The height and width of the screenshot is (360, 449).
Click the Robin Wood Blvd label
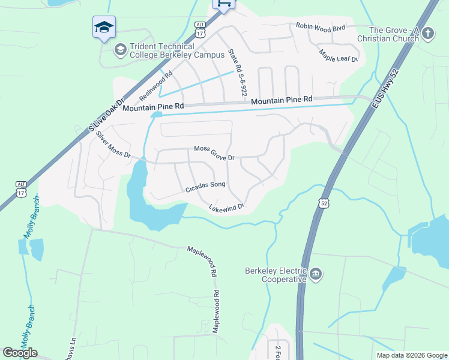pos(321,26)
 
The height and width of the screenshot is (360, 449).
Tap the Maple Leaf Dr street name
pos(339,56)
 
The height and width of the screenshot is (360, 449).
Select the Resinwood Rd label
pos(155,86)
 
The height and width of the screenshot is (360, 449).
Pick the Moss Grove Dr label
pos(214,153)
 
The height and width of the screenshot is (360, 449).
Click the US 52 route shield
pos(324,203)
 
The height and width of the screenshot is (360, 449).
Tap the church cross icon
pos(427,32)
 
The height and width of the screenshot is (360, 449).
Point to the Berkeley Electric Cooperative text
pos(276,275)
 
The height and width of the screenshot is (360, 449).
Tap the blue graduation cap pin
pos(104,27)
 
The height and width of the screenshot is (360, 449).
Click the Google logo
pos(20,353)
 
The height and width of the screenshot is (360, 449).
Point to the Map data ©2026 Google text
pos(411,355)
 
